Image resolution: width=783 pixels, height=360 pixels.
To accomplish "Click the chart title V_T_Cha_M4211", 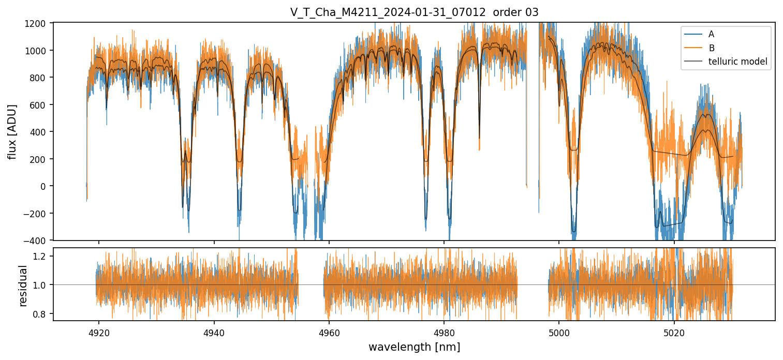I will click(414, 12).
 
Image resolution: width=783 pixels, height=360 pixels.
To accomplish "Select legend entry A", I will click(711, 34).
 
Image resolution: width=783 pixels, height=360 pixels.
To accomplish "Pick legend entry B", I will click(711, 48).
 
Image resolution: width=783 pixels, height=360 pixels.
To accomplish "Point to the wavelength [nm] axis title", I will click(414, 347).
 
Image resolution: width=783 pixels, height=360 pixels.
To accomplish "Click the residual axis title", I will click(23, 285).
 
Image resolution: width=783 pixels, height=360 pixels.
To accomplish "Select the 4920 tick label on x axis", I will click(99, 332).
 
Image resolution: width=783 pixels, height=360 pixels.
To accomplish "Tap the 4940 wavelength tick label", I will click(214, 332).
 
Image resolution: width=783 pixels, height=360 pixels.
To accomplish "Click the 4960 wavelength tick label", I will click(329, 332).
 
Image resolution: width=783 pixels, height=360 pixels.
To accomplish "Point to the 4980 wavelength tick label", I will click(444, 332).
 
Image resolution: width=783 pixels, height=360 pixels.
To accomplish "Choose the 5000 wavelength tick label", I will click(559, 332).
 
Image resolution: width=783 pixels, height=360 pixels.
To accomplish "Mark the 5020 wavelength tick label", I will click(674, 332).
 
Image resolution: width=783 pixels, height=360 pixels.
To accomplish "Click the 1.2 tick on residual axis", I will click(42, 256).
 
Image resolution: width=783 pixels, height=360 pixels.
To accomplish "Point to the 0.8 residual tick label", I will click(42, 314).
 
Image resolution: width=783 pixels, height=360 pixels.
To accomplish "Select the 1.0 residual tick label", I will click(42, 285).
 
